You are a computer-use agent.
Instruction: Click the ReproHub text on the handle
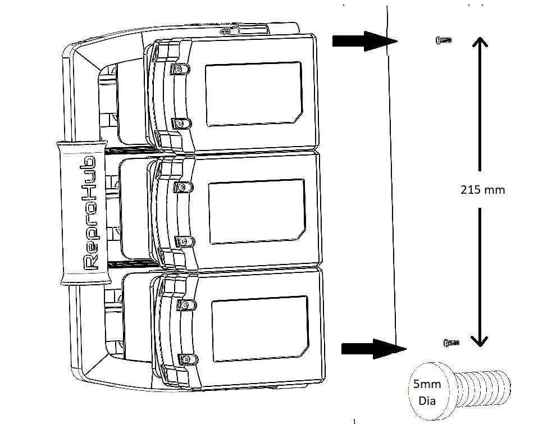(x=89, y=213)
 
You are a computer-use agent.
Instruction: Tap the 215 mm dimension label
(x=482, y=190)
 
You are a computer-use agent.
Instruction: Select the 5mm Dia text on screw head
(x=427, y=392)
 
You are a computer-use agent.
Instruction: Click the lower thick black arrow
(x=374, y=349)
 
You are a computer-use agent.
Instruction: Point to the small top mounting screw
(x=444, y=40)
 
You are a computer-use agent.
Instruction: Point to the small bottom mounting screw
(x=451, y=343)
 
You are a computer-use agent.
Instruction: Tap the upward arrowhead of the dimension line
(x=480, y=42)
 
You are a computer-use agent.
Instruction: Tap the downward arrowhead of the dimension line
(x=480, y=341)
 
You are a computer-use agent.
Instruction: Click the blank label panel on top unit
(x=254, y=94)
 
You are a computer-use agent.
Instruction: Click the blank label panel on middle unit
(x=257, y=212)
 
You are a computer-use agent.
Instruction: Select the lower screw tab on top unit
(x=181, y=124)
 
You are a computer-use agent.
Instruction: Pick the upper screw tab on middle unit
(x=183, y=187)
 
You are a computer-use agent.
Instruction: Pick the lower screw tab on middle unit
(x=185, y=241)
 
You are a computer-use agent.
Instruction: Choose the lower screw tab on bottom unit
(x=188, y=359)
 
